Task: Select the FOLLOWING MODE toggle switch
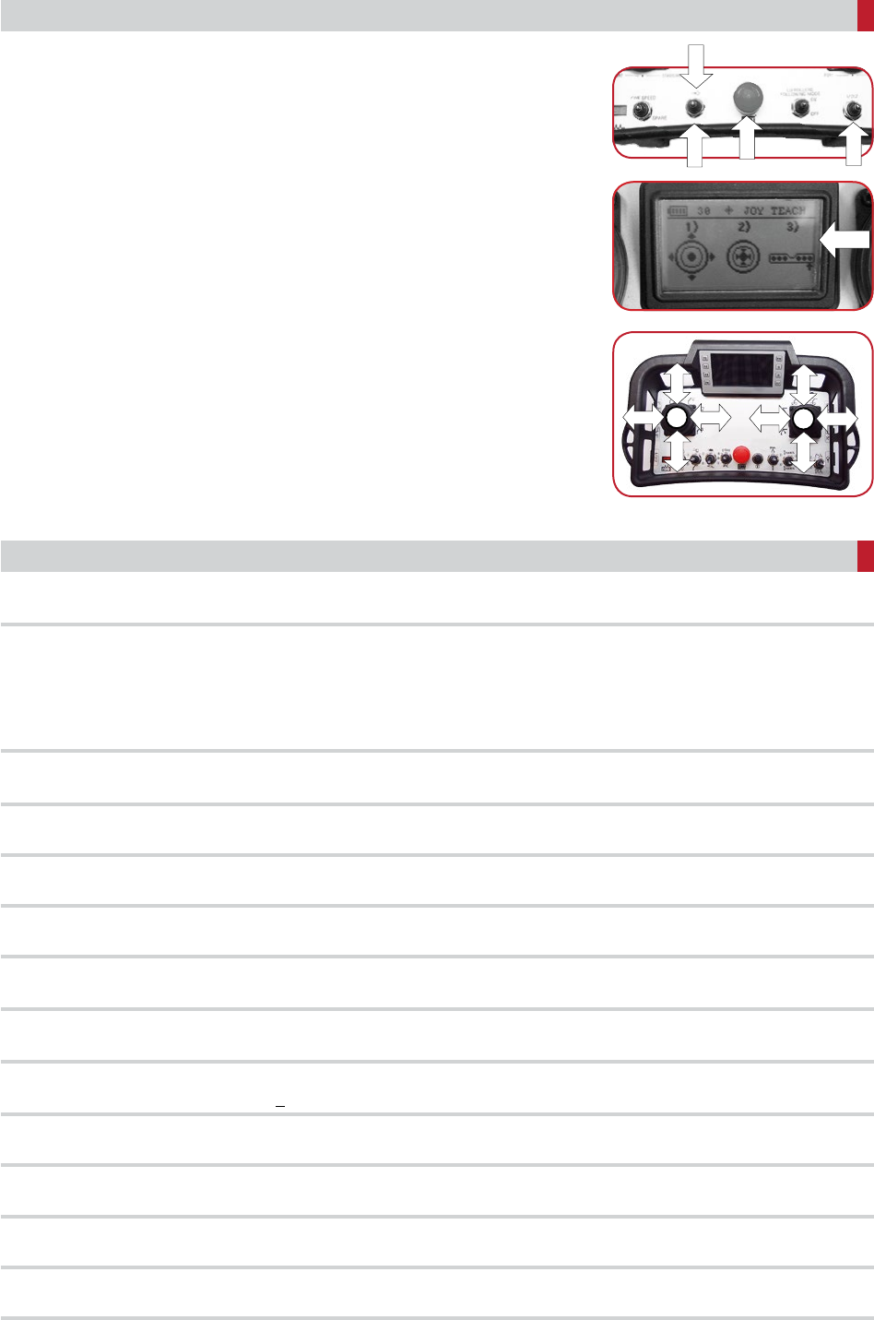(800, 109)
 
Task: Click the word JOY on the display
(753, 210)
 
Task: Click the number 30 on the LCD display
(703, 210)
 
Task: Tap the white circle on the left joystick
(678, 420)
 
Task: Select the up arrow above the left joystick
(678, 381)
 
